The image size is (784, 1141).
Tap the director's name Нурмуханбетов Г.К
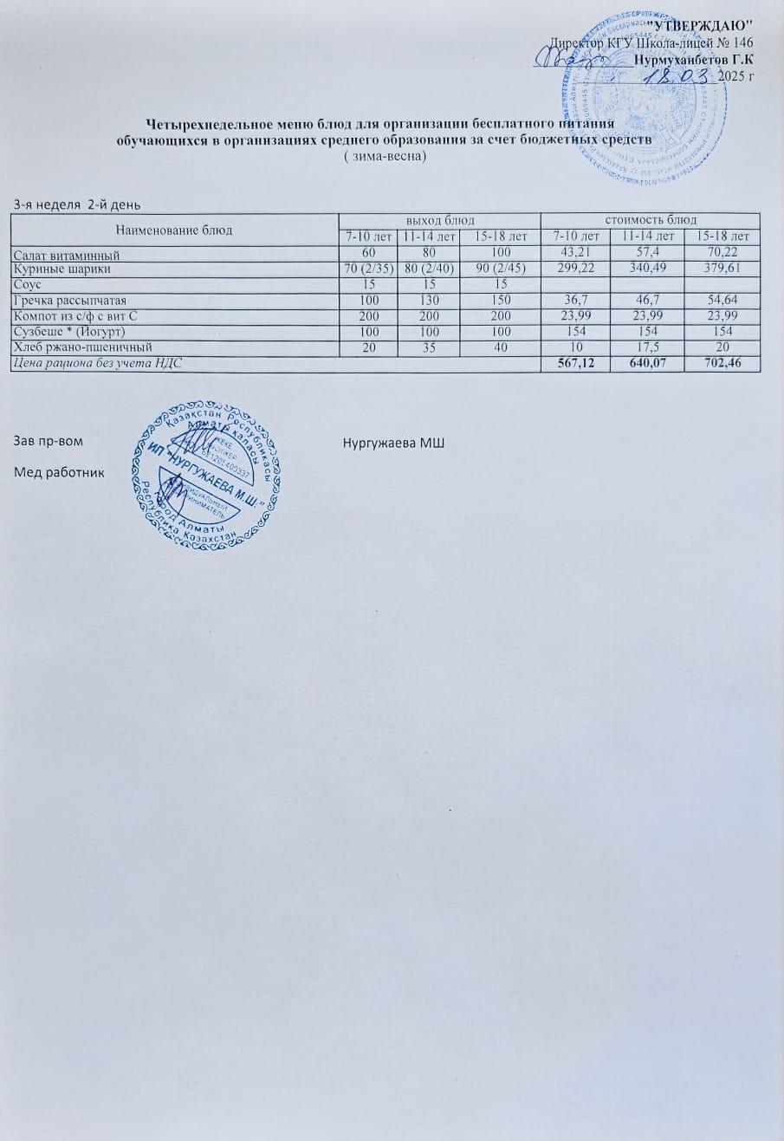(x=693, y=60)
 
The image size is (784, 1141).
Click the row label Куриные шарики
(x=62, y=269)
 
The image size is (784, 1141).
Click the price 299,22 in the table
(x=574, y=269)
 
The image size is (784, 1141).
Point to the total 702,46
(x=722, y=365)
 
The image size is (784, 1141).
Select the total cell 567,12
(x=574, y=365)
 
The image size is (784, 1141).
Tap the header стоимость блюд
(x=650, y=220)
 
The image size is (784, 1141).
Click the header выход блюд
(x=438, y=220)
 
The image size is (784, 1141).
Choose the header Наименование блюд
(x=174, y=230)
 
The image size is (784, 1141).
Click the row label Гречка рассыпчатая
(x=70, y=301)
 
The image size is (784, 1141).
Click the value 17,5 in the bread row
(x=647, y=348)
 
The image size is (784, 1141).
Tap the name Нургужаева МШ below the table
(x=393, y=444)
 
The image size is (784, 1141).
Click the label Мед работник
(x=58, y=472)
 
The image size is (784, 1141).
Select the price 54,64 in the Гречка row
(x=722, y=301)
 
